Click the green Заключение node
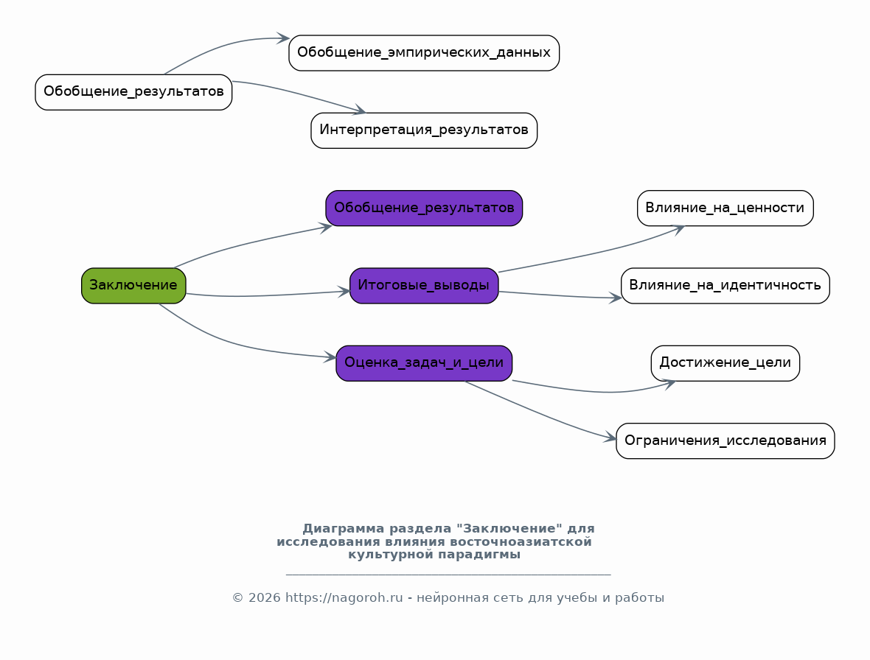[133, 285]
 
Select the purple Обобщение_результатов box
[424, 208]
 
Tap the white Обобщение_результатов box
[133, 92]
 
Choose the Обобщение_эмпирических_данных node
[424, 52]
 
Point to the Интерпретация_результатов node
[424, 130]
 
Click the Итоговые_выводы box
[424, 285]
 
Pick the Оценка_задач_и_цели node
[424, 363]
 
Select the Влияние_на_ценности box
[725, 208]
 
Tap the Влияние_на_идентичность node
[725, 285]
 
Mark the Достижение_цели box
[725, 363]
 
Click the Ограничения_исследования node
[725, 440]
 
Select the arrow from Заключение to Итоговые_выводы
[266, 295]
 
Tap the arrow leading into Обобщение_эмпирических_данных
[222, 46]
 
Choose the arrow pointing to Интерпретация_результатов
[299, 94]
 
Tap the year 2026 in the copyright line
[263, 598]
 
